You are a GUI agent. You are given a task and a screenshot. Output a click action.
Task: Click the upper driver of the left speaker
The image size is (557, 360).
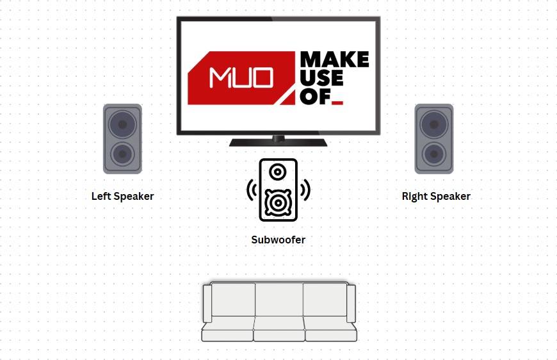click(122, 124)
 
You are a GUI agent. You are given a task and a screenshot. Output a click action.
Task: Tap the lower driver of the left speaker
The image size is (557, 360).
click(122, 154)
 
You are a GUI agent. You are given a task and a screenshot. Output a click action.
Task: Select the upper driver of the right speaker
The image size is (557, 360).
click(433, 124)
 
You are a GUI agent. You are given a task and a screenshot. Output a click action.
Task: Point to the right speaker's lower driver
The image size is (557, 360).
click(433, 154)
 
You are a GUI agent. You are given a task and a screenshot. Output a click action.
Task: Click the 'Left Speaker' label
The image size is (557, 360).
click(122, 196)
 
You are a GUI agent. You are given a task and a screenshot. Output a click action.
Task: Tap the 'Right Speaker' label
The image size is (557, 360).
click(436, 196)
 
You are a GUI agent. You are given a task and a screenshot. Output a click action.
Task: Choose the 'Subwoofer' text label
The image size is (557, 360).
click(278, 240)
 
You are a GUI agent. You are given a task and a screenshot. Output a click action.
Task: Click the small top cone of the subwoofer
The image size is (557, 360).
click(278, 172)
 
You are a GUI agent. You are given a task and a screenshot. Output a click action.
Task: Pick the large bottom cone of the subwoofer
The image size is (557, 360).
click(278, 202)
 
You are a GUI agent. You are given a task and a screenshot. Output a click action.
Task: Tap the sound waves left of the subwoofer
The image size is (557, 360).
click(252, 190)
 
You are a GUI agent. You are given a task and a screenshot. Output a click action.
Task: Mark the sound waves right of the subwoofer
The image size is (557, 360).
click(305, 190)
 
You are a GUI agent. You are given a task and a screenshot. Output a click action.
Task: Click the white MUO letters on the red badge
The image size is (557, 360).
click(241, 78)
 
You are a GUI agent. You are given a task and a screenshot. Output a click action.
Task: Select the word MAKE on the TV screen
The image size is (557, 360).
click(335, 60)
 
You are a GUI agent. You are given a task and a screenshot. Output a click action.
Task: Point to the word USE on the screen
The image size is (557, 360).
click(321, 78)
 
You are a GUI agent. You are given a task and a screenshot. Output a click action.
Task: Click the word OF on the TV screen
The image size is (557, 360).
click(315, 96)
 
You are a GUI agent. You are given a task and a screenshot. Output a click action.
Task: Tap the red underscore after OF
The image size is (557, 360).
click(337, 103)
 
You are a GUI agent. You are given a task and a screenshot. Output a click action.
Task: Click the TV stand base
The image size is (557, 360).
click(278, 142)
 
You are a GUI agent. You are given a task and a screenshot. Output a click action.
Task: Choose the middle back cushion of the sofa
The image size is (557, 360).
click(279, 300)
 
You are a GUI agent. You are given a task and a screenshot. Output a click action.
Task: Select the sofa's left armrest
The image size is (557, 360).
click(207, 304)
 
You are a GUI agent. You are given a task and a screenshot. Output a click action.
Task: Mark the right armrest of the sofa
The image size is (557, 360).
click(351, 304)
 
